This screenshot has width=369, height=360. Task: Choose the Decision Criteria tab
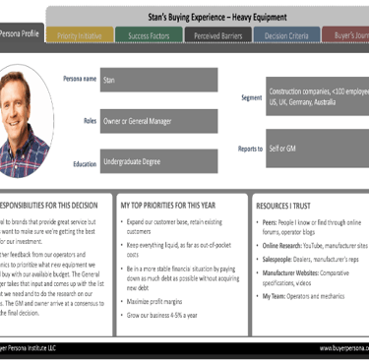[286, 36]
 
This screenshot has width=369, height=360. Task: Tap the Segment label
[251, 97]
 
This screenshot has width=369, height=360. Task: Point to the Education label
[85, 164]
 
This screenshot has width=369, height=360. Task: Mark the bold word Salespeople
[278, 259]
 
